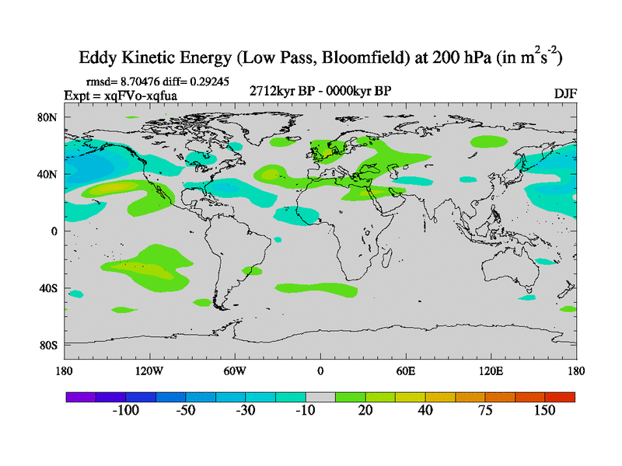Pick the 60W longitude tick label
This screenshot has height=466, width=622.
tap(235, 370)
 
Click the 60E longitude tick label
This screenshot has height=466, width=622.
tap(406, 370)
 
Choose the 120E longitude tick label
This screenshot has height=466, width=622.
tap(491, 370)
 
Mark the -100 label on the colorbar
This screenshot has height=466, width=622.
tap(125, 410)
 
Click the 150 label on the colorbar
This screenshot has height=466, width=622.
tap(545, 410)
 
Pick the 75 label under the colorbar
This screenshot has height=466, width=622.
tap(485, 410)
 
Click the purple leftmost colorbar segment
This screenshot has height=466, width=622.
tap(81, 396)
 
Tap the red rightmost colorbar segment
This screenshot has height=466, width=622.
tap(560, 396)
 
